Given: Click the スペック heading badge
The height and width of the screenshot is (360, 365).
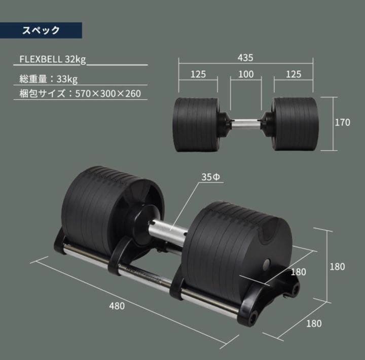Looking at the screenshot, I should point(41,30).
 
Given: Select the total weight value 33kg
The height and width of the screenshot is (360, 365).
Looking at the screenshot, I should point(68,79).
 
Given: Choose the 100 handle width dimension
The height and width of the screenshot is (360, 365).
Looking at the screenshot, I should point(245,74).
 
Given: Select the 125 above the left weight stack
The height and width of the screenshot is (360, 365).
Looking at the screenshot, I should point(198,74).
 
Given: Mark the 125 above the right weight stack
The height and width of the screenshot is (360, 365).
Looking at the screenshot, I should point(293,74).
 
